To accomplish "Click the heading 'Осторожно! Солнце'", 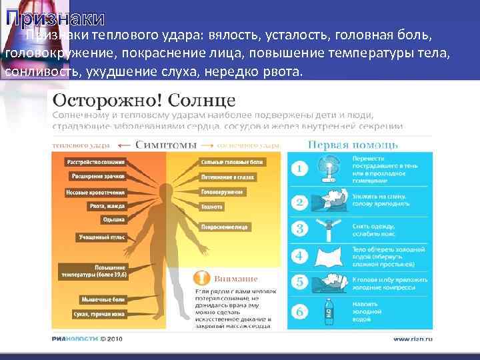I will coord(144,101).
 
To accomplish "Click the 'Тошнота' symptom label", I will coord(213,207).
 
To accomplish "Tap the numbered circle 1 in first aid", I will coord(301,169).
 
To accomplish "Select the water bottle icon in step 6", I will coord(329,310).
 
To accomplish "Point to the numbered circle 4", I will coord(301,255).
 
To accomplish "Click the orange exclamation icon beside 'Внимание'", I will coord(199,277).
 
